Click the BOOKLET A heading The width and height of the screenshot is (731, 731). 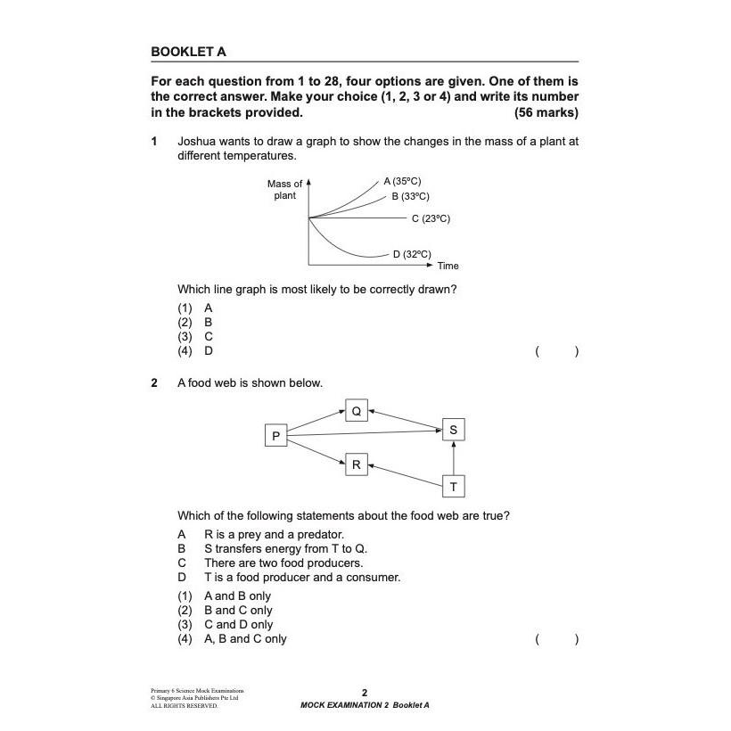188,52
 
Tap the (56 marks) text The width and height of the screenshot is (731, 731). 546,112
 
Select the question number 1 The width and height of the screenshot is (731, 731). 154,141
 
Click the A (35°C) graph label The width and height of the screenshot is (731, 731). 402,180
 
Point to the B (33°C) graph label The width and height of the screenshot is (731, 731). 410,196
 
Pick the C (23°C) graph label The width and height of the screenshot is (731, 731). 431,218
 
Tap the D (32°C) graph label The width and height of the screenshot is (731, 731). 412,254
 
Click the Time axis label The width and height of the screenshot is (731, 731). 448,266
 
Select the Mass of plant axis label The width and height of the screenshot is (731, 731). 285,190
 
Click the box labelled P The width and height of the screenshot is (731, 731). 275,436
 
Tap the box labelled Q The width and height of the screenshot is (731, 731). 357,411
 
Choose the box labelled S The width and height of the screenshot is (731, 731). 453,431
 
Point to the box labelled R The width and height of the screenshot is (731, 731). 356,464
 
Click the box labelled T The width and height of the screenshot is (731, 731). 453,487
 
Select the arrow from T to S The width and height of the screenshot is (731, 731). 453,459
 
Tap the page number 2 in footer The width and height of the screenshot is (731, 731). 365,692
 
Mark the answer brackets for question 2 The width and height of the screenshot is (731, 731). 557,638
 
